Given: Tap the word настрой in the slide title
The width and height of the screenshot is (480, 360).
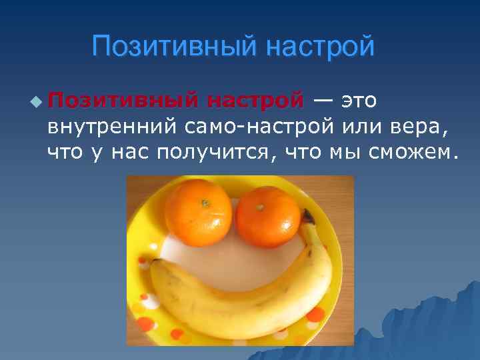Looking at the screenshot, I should pos(319,47).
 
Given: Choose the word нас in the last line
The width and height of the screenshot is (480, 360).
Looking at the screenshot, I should pos(128,153).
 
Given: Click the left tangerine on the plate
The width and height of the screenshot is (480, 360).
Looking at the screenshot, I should pos(198,214).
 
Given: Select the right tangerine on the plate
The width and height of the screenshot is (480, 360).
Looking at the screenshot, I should pos(268,217).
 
